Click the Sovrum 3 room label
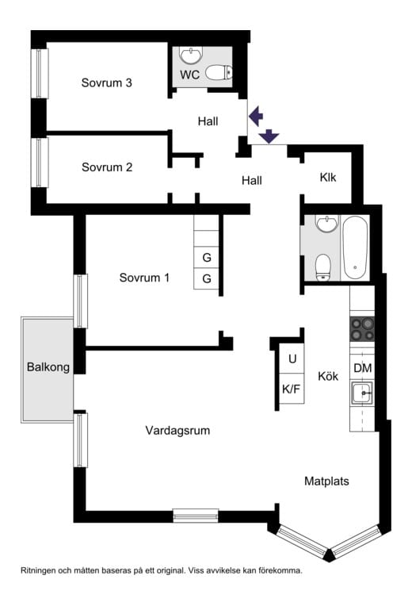pyautogui.click(x=106, y=82)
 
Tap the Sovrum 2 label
pyautogui.click(x=106, y=167)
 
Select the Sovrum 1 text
pyautogui.click(x=145, y=278)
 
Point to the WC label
pyautogui.click(x=190, y=75)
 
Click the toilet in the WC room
pyautogui.click(x=219, y=74)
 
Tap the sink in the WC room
pyautogui.click(x=190, y=55)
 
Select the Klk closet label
pyautogui.click(x=328, y=177)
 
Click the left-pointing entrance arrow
pyautogui.click(x=255, y=117)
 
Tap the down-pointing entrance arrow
pyautogui.click(x=269, y=136)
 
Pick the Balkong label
pyautogui.click(x=48, y=367)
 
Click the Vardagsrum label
pyautogui.click(x=177, y=431)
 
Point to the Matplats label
pyautogui.click(x=326, y=481)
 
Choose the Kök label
pyautogui.click(x=329, y=376)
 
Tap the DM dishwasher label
pyautogui.click(x=362, y=368)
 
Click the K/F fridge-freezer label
pyautogui.click(x=292, y=389)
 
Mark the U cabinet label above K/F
pyautogui.click(x=292, y=359)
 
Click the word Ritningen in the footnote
pyautogui.click(x=42, y=570)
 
